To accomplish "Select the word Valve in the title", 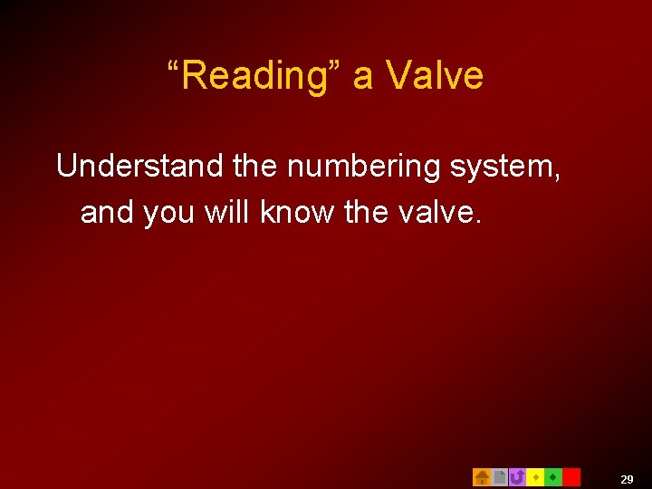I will coord(436,76).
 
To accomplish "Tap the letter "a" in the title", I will coord(363,78).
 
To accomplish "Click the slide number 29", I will coord(627,479).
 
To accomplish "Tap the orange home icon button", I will coord(482,477).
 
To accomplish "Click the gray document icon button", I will coord(499,477).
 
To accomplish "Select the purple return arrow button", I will coord(517,477).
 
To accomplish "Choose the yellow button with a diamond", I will coord(535,477).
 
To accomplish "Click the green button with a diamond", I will coord(553,477).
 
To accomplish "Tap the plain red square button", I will coord(571,477).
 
